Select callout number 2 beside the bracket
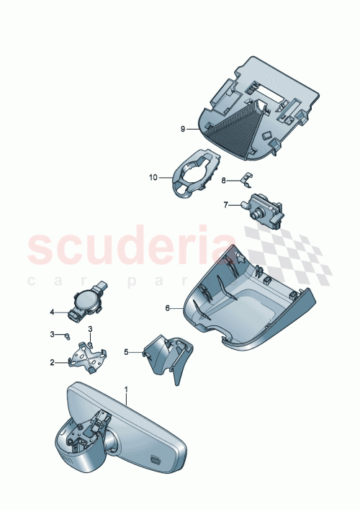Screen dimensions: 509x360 pyautogui.click(x=52, y=363)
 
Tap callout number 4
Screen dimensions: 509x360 pyautogui.click(x=52, y=312)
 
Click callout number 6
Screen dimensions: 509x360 pyautogui.click(x=167, y=307)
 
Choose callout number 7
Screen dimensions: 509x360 pyautogui.click(x=225, y=205)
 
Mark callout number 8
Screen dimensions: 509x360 pyautogui.click(x=224, y=179)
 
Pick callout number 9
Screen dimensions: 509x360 pyautogui.click(x=183, y=128)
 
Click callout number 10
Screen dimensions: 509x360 pyautogui.click(x=153, y=176)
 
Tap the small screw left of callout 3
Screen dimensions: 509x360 pyautogui.click(x=66, y=335)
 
